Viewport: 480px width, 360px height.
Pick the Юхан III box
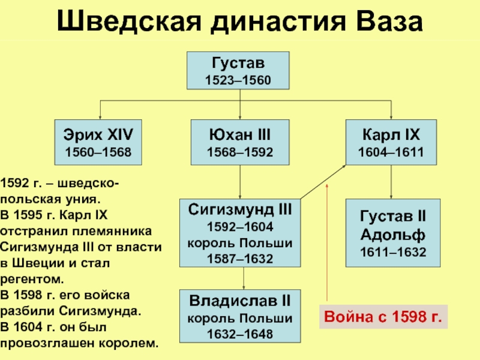pos(239,142)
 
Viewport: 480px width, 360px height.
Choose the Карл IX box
pos(391,142)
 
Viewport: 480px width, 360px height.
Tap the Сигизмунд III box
pos(239,234)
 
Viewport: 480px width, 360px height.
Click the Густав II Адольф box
pos(391,234)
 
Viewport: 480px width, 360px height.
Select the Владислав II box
pos(239,317)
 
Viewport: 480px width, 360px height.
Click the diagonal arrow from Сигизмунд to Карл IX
pos(323,181)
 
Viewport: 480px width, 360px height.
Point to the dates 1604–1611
pos(391,152)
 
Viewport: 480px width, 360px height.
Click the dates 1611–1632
pos(391,253)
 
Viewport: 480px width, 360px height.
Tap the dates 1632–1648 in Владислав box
pos(239,334)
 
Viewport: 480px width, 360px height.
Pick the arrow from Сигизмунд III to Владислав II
pos(243,278)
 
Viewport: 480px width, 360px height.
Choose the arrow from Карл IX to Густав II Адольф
pos(391,182)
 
